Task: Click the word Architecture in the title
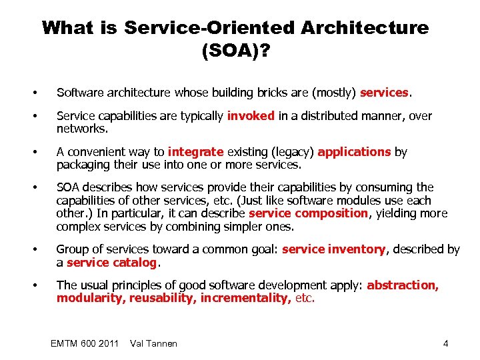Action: point(365,28)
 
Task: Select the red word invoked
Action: point(251,115)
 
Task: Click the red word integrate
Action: point(197,151)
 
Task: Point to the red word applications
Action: point(354,151)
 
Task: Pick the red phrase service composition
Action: point(308,213)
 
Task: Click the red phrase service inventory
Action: point(334,249)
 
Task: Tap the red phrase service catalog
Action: point(112,263)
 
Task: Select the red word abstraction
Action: point(402,285)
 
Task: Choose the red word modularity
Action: point(90,298)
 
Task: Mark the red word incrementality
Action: point(245,298)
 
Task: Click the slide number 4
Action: point(445,343)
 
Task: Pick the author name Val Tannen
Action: point(154,343)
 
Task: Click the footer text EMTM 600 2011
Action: point(85,343)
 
